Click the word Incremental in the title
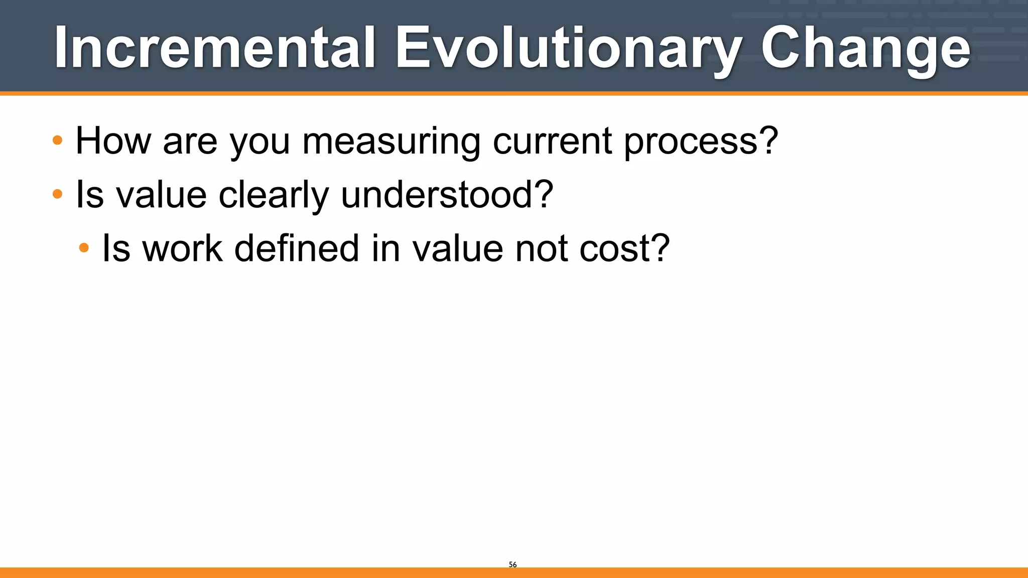pos(215,48)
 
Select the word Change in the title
pos(865,48)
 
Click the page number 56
pos(512,564)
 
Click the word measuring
pos(391,142)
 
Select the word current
pos(552,141)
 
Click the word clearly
pos(274,195)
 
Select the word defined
pos(297,248)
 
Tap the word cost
pos(616,248)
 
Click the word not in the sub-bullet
pos(541,248)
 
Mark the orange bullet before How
pos(58,140)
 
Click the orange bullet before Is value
pos(58,194)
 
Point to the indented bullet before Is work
pos(84,247)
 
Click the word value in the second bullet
pos(161,195)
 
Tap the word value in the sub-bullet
pos(457,248)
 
